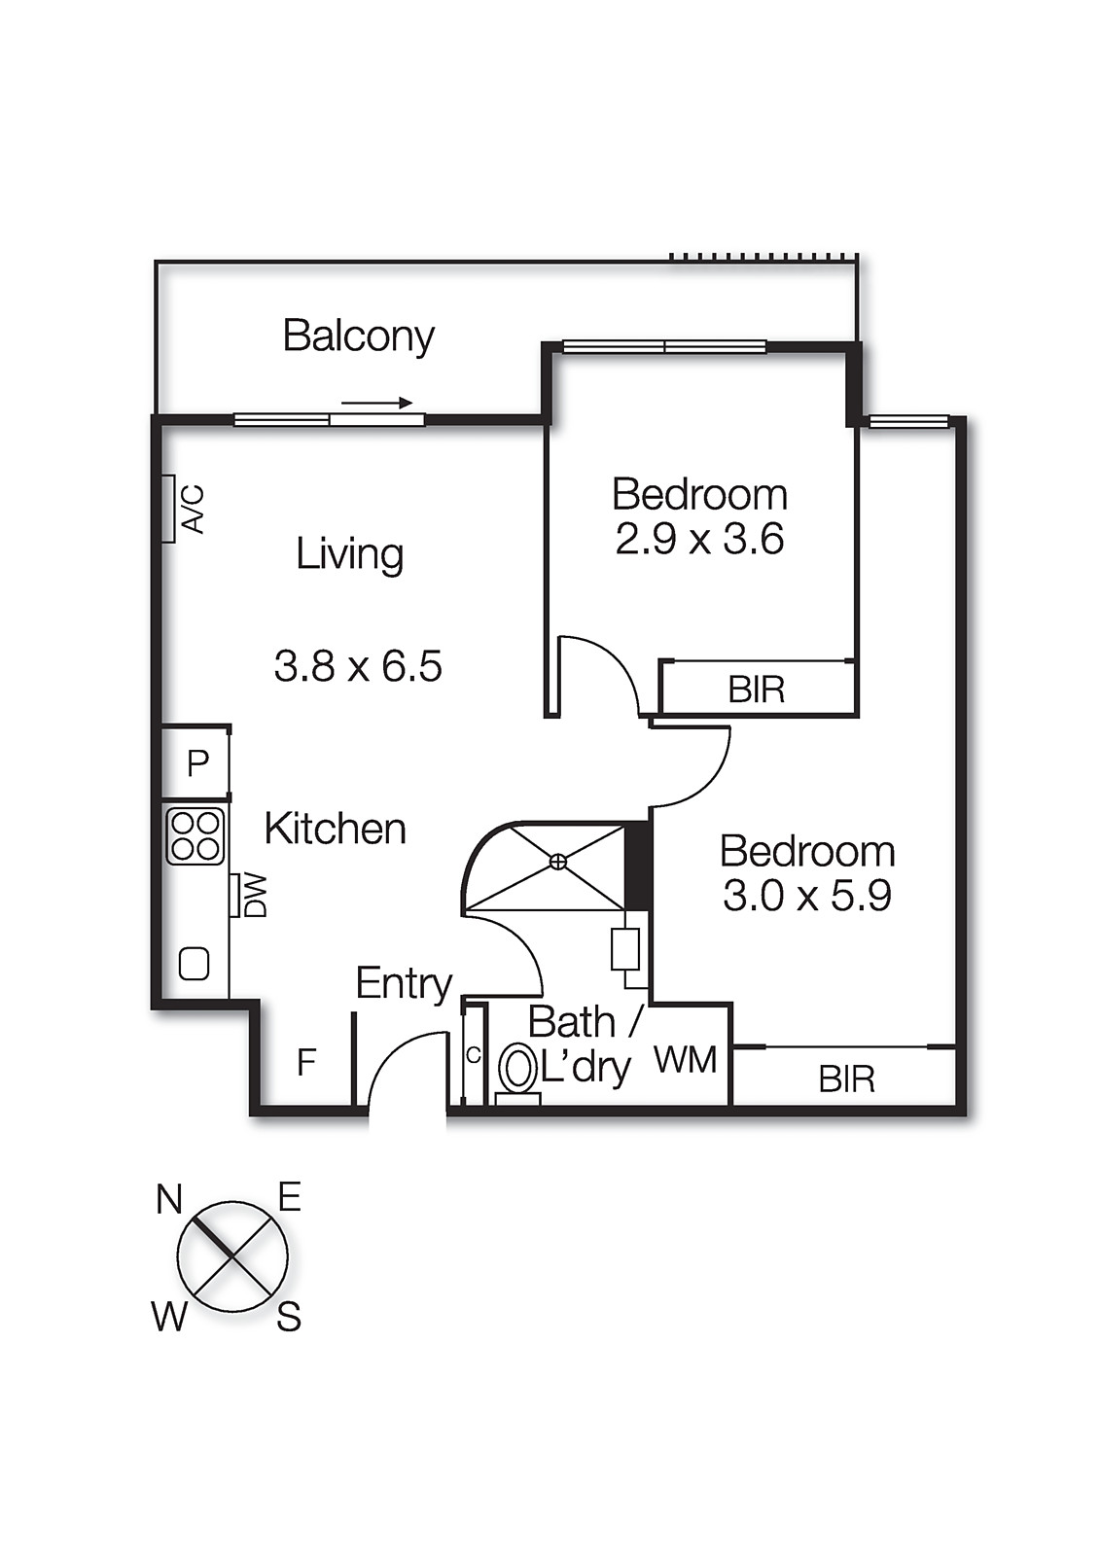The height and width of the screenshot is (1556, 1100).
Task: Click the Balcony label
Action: tap(359, 336)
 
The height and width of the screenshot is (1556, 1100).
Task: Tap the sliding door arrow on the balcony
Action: tap(376, 403)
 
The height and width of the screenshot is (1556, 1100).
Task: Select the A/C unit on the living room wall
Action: tap(168, 509)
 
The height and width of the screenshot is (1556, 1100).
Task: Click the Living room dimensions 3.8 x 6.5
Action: tap(358, 665)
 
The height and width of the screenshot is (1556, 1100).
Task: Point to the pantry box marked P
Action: tap(195, 762)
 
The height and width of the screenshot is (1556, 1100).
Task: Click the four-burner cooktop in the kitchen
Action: tap(195, 836)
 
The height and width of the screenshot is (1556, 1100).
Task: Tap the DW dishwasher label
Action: tap(255, 896)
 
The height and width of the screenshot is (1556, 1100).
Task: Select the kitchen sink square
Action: tap(194, 964)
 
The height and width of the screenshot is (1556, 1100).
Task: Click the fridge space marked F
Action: tap(306, 1062)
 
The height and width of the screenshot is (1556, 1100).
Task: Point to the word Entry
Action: tap(404, 984)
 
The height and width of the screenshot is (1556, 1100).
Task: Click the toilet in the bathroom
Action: tap(517, 1075)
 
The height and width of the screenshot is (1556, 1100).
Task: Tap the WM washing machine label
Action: tap(686, 1061)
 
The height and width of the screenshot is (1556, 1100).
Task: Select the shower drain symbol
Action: tap(558, 862)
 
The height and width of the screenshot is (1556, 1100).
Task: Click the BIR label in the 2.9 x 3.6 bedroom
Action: tap(756, 690)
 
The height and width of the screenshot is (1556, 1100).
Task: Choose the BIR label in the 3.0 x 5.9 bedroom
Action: tap(846, 1079)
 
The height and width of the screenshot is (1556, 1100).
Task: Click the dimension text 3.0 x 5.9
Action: tap(807, 896)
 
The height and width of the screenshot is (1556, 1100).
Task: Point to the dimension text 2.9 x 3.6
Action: tap(699, 539)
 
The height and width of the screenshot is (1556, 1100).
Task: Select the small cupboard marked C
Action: tap(474, 1055)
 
